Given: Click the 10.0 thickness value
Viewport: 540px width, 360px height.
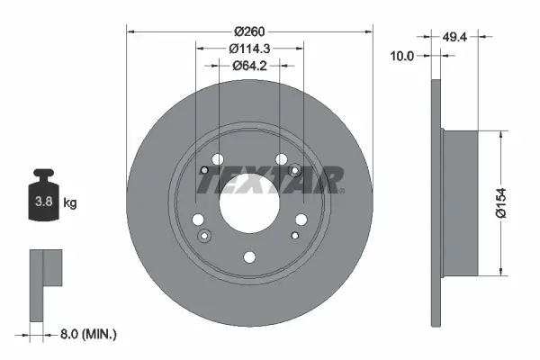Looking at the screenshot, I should click(402, 56).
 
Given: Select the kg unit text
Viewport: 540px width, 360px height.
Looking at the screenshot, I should click(70, 203).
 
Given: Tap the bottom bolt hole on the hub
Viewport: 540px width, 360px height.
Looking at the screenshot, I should click(249, 257).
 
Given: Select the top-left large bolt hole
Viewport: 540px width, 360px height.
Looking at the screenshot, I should click(216, 160).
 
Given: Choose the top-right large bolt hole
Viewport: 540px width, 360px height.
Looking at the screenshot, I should click(283, 160).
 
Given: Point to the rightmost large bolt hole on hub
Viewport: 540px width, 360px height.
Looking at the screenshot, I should click(301, 218).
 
